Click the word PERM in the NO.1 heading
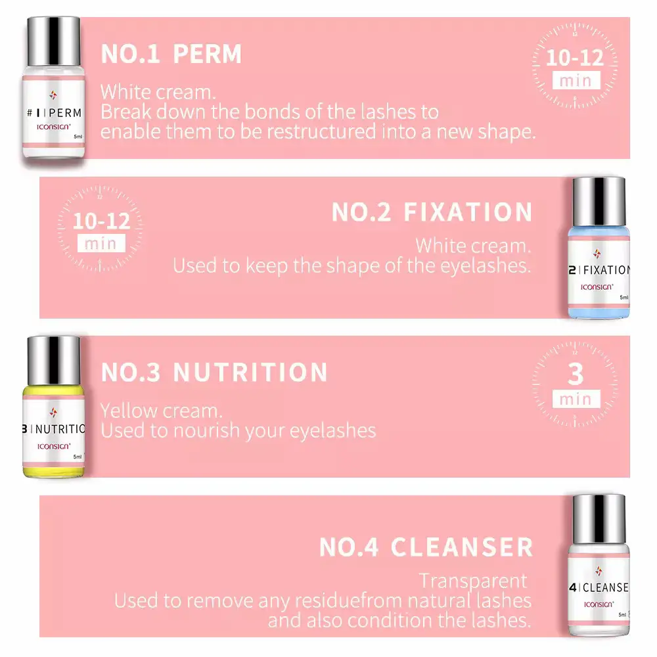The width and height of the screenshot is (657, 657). [208, 54]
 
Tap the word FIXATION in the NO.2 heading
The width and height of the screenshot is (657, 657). [468, 212]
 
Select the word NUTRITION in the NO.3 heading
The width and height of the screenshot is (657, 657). [250, 372]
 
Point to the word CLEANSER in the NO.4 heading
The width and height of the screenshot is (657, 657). [462, 547]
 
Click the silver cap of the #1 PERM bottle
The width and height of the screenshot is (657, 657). [54, 41]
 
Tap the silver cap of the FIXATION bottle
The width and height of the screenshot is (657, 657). [599, 202]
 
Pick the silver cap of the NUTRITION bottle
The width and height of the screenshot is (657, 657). [54, 361]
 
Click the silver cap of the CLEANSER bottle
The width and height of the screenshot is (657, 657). [599, 520]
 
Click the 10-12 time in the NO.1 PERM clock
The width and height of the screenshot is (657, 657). [575, 57]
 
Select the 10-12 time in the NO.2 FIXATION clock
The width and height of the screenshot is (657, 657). [101, 221]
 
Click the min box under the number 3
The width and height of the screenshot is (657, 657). [576, 399]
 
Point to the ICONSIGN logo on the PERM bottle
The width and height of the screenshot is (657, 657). [54, 127]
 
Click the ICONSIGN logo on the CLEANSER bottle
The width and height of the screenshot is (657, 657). [599, 604]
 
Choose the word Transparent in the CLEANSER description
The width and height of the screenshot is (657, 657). [473, 581]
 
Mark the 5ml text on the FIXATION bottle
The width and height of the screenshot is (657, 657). [624, 298]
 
